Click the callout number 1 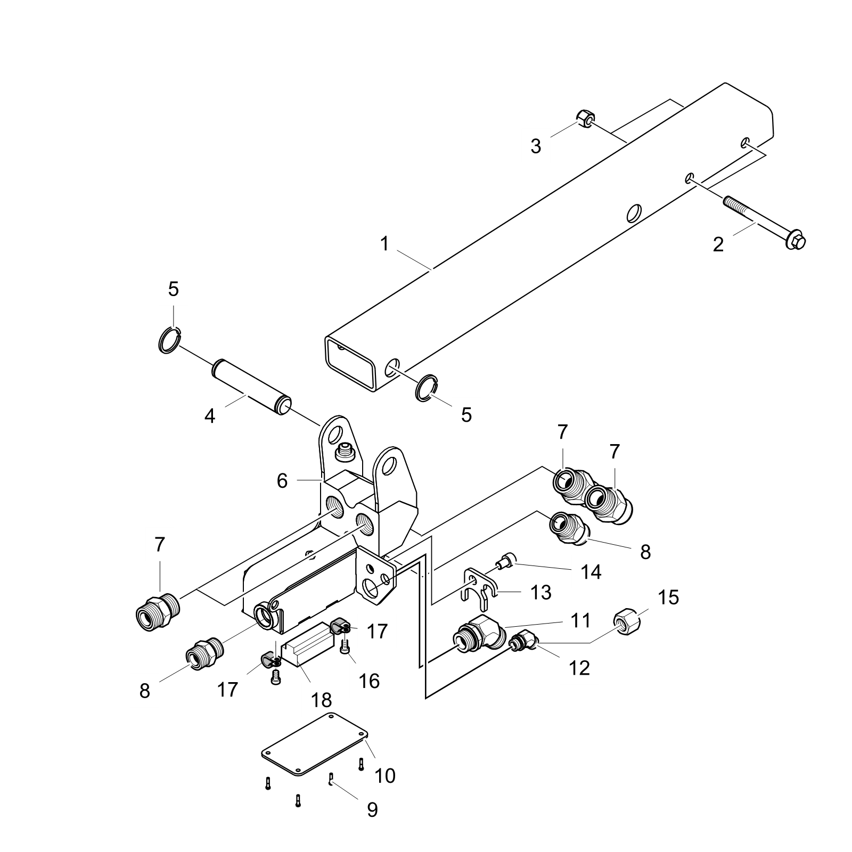pyautogui.click(x=384, y=244)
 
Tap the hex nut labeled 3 pyautogui.click(x=586, y=120)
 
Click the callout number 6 pyautogui.click(x=282, y=481)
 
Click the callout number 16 pyautogui.click(x=370, y=681)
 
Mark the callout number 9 pyautogui.click(x=372, y=810)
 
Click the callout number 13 pyautogui.click(x=541, y=592)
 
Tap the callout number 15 pyautogui.click(x=669, y=597)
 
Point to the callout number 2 pyautogui.click(x=718, y=245)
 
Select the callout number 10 pyautogui.click(x=384, y=776)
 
